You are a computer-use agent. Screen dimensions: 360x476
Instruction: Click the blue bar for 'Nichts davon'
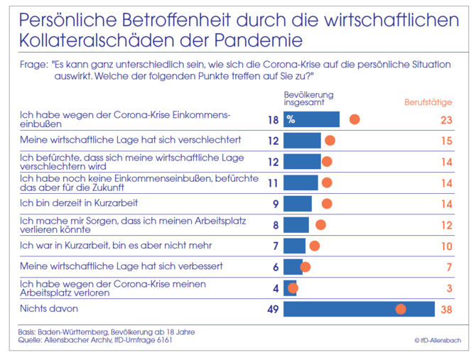(x=359, y=309)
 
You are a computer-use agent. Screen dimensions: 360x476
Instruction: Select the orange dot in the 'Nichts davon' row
(x=401, y=309)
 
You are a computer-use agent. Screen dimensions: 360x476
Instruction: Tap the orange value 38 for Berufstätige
(x=446, y=309)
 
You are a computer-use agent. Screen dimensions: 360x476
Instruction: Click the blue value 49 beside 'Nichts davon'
(x=272, y=309)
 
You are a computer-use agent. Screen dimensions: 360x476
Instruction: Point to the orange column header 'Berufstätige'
(x=428, y=102)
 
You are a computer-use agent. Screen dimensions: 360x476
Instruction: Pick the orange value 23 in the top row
(x=446, y=119)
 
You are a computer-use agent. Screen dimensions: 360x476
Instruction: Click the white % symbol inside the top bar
(x=291, y=119)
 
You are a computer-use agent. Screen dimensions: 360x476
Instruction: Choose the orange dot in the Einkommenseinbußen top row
(x=355, y=119)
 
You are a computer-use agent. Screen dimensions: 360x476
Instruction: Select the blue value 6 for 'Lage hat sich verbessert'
(x=276, y=267)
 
